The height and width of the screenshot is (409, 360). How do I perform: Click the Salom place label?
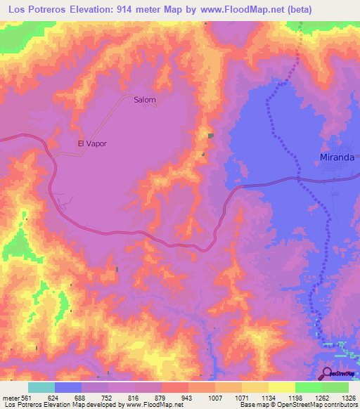pyautogui.click(x=144, y=100)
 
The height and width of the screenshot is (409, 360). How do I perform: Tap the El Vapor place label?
pyautogui.click(x=91, y=143)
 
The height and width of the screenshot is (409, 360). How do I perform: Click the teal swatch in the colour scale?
pyautogui.click(x=41, y=387)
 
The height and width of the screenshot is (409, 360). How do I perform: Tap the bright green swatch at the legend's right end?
pyautogui.click(x=335, y=387)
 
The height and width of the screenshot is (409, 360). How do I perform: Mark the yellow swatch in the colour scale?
pyautogui.click(x=282, y=387)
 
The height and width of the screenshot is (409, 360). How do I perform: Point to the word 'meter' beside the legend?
pyautogui.click(x=9, y=398)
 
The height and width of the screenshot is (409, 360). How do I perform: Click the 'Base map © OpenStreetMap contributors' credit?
pyautogui.click(x=304, y=405)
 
